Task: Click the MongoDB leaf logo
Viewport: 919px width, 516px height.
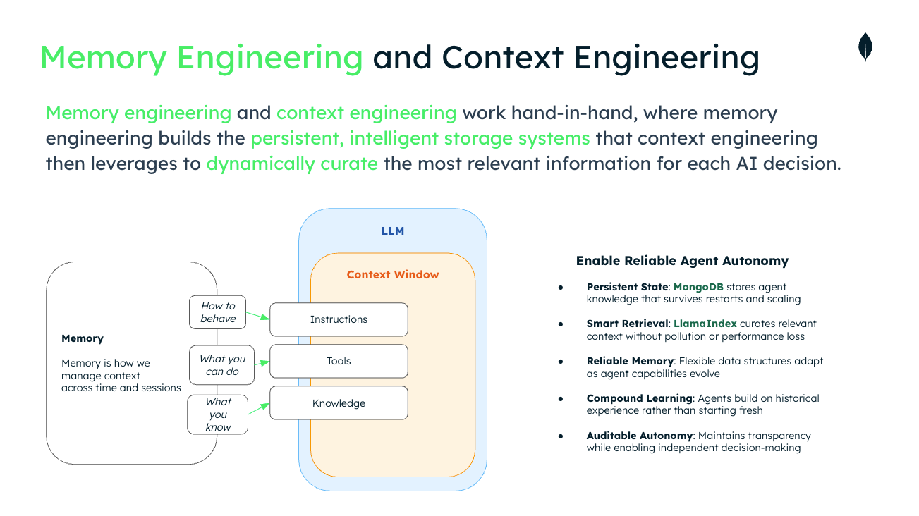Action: point(865,47)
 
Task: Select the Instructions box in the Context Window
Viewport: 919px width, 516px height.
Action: point(339,319)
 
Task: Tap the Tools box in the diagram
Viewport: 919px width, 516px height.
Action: point(339,361)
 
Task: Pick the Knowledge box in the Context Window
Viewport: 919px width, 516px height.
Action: point(339,403)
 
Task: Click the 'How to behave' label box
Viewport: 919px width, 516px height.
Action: point(218,312)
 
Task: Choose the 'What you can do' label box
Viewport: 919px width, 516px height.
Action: point(222,365)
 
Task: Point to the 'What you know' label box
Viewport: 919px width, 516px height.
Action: point(218,414)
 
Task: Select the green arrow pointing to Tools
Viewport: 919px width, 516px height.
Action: point(262,363)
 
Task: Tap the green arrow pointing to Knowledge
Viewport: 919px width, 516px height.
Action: point(260,410)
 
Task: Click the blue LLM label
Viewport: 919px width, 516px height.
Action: point(392,231)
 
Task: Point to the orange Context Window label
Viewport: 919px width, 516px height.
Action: point(392,274)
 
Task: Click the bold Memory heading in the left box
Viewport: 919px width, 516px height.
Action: point(83,338)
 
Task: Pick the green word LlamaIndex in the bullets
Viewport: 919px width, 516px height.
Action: point(705,324)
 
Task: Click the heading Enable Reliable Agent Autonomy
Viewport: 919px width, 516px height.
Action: point(682,261)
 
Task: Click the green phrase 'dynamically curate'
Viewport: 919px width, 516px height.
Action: point(292,164)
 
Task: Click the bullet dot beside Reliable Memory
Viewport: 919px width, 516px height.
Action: point(561,361)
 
